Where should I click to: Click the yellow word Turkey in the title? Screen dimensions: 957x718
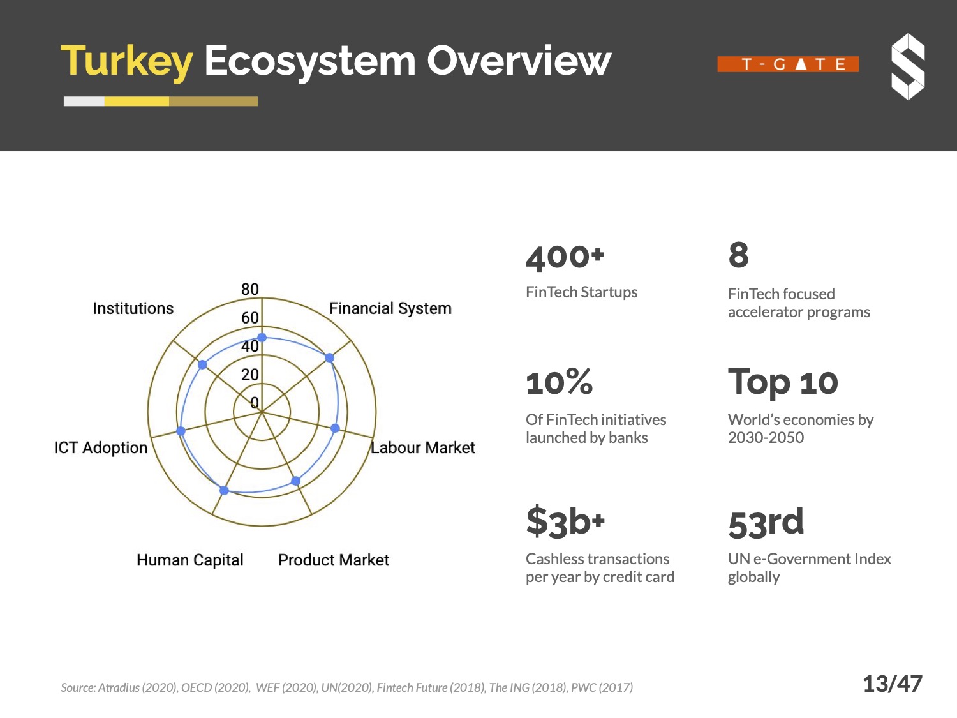[126, 62]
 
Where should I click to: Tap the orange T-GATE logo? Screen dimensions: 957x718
[788, 64]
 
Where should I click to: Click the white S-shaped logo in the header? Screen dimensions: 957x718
[908, 67]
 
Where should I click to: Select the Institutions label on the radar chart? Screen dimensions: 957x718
[133, 308]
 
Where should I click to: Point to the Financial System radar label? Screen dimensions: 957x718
[390, 308]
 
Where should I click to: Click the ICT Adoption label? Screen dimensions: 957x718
[101, 448]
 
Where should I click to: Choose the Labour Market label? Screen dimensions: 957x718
[423, 448]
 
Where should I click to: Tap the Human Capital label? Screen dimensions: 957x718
[190, 560]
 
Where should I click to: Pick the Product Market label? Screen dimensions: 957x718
[334, 560]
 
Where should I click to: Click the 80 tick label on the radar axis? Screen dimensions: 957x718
[250, 289]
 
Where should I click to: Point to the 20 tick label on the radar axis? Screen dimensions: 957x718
[250, 375]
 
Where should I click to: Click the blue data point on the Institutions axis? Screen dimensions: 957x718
[202, 364]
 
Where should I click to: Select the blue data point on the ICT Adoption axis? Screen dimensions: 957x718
[181, 431]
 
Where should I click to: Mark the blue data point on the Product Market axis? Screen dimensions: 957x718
[295, 481]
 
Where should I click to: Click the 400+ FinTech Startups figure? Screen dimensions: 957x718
[565, 258]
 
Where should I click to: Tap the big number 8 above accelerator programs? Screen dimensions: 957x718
[739, 255]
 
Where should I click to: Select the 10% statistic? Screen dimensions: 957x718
[560, 382]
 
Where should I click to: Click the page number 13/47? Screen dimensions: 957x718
[893, 684]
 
